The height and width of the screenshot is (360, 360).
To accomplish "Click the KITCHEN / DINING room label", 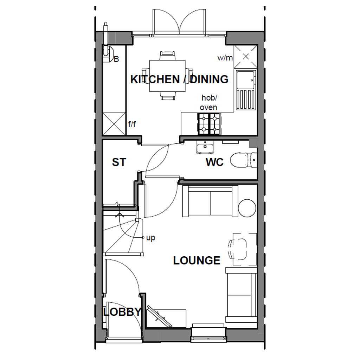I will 179,79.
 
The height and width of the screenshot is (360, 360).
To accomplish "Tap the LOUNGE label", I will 197,261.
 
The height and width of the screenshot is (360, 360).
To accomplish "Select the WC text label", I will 214,162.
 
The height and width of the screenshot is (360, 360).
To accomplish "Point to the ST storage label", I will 119,162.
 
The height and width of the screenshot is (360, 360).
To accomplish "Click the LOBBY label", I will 122,312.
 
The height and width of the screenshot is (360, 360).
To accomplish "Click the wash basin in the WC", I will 205,148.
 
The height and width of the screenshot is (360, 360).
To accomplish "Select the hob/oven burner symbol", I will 209,124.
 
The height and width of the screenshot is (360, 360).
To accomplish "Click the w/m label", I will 225,58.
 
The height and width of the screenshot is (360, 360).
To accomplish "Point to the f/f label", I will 132,124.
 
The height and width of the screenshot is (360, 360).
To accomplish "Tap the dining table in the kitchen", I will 167,76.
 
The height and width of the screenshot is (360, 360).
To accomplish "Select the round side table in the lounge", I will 247,208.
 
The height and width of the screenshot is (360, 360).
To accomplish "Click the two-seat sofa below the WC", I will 210,201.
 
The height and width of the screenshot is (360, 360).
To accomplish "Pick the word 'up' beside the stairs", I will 150,238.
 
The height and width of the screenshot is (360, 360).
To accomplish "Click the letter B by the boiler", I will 116,59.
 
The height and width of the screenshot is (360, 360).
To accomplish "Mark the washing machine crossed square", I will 245,57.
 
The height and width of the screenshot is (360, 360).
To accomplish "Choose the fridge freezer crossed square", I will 114,123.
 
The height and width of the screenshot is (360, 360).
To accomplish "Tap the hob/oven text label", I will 209,102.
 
